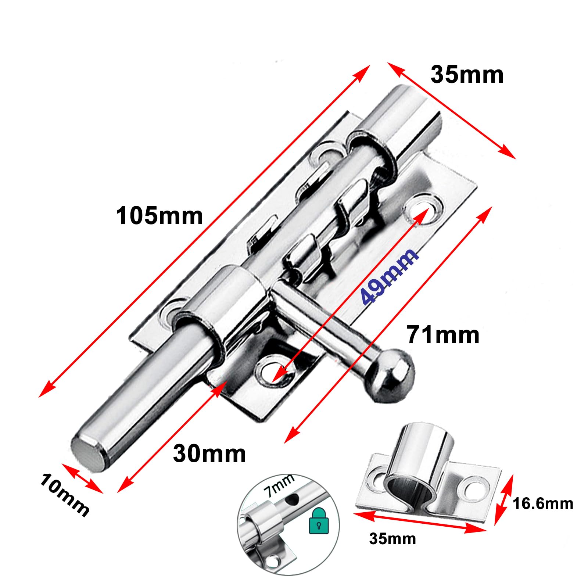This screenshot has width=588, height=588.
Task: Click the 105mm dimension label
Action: [x=159, y=216]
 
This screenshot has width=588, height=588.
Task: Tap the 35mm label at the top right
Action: [x=467, y=75]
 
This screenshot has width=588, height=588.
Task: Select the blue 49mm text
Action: [x=389, y=276]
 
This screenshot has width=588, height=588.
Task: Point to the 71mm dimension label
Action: [x=443, y=335]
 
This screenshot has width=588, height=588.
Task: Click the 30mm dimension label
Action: [x=209, y=453]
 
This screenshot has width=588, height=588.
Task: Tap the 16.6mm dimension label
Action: [x=543, y=503]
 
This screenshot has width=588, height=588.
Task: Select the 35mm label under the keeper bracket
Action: [x=392, y=539]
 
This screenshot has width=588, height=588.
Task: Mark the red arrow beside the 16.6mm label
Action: [x=503, y=499]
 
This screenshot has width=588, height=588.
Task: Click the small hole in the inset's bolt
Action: [x=293, y=499]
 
